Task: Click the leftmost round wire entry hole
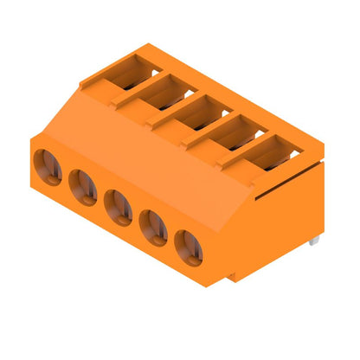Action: pyautogui.click(x=48, y=167)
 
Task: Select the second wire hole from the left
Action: pyautogui.click(x=83, y=187)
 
